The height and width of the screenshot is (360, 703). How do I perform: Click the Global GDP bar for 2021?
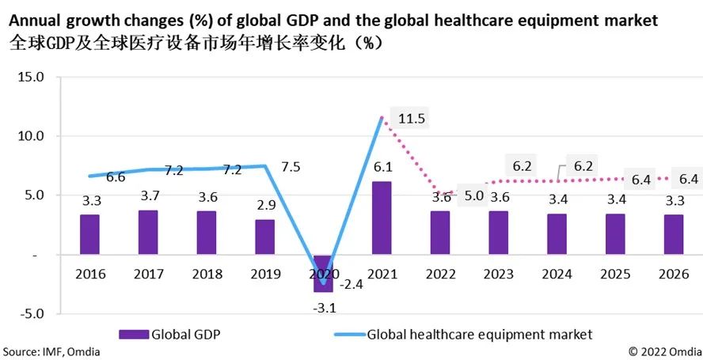click(x=382, y=218)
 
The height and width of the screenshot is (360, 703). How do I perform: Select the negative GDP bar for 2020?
click(x=323, y=274)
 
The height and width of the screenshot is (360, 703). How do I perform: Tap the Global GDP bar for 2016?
click(x=89, y=234)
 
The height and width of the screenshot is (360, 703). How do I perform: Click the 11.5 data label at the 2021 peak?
click(x=412, y=119)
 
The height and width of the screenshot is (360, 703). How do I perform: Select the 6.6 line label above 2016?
click(x=116, y=177)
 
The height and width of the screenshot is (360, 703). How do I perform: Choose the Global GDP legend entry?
click(x=169, y=334)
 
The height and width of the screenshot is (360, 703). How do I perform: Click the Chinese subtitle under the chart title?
click(x=193, y=43)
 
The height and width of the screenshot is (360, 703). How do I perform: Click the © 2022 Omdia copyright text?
click(x=663, y=351)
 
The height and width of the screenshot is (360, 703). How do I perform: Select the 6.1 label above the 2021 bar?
click(x=382, y=168)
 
